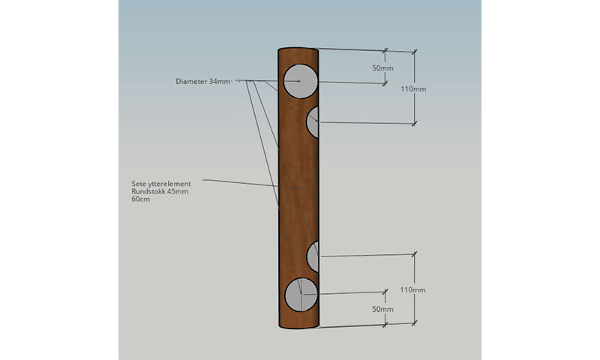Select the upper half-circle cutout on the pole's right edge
pos(313,122)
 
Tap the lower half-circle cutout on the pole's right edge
pos(313,256)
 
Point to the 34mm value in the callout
pos(221,81)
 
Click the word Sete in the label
pos(139,184)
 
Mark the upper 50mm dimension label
pos(382,68)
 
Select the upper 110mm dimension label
pos(413,88)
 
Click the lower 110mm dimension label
pos(413,289)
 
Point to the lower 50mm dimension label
pos(382,309)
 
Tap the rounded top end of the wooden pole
pos(298,51)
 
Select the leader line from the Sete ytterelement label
pos(240,182)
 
